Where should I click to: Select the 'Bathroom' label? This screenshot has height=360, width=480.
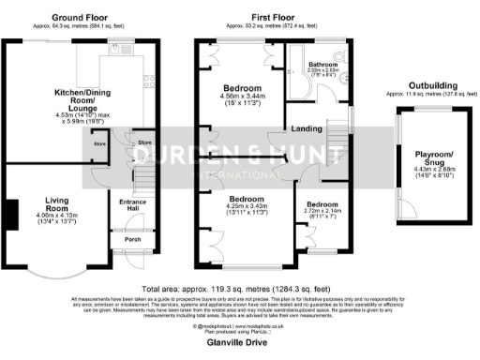(x=324, y=64)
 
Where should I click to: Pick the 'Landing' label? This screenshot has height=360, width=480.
(x=307, y=128)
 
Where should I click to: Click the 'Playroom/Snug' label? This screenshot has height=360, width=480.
(x=432, y=158)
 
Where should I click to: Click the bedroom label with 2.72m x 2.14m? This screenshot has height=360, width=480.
(x=322, y=204)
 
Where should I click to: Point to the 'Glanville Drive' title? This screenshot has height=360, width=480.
(x=238, y=343)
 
